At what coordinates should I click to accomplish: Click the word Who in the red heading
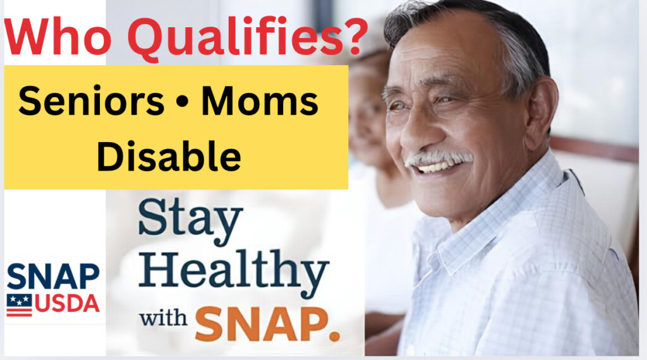tap(57, 37)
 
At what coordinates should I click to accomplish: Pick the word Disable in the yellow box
tap(169, 156)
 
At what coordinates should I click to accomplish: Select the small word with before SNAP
tap(163, 318)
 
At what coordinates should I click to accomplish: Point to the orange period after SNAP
tap(335, 335)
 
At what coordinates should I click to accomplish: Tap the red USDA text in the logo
tap(67, 303)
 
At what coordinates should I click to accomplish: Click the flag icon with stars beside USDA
tap(19, 305)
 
